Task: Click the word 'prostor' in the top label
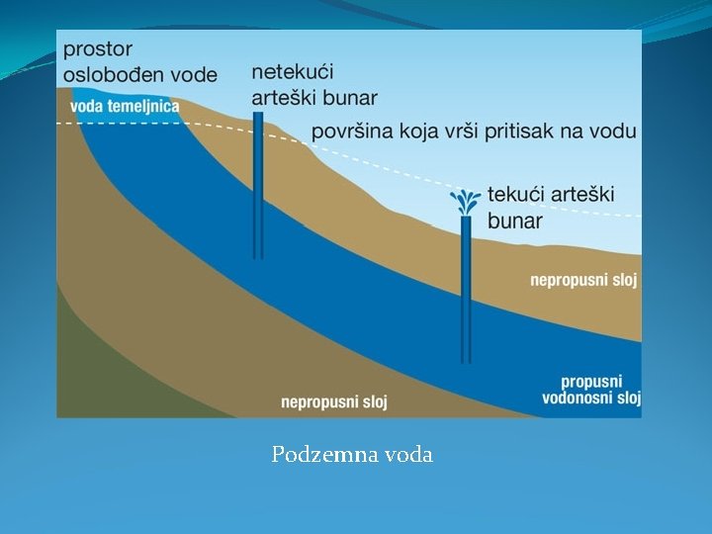[97, 48]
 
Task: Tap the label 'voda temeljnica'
[125, 106]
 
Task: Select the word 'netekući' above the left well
[293, 72]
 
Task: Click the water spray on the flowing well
[466, 203]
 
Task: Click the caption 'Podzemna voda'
[352, 455]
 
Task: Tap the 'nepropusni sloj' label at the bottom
[334, 401]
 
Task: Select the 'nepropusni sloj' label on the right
[584, 281]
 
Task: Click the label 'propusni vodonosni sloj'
[591, 390]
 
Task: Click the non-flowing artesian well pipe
[258, 188]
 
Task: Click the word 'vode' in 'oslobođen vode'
[193, 75]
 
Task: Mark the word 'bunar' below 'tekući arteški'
[514, 222]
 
